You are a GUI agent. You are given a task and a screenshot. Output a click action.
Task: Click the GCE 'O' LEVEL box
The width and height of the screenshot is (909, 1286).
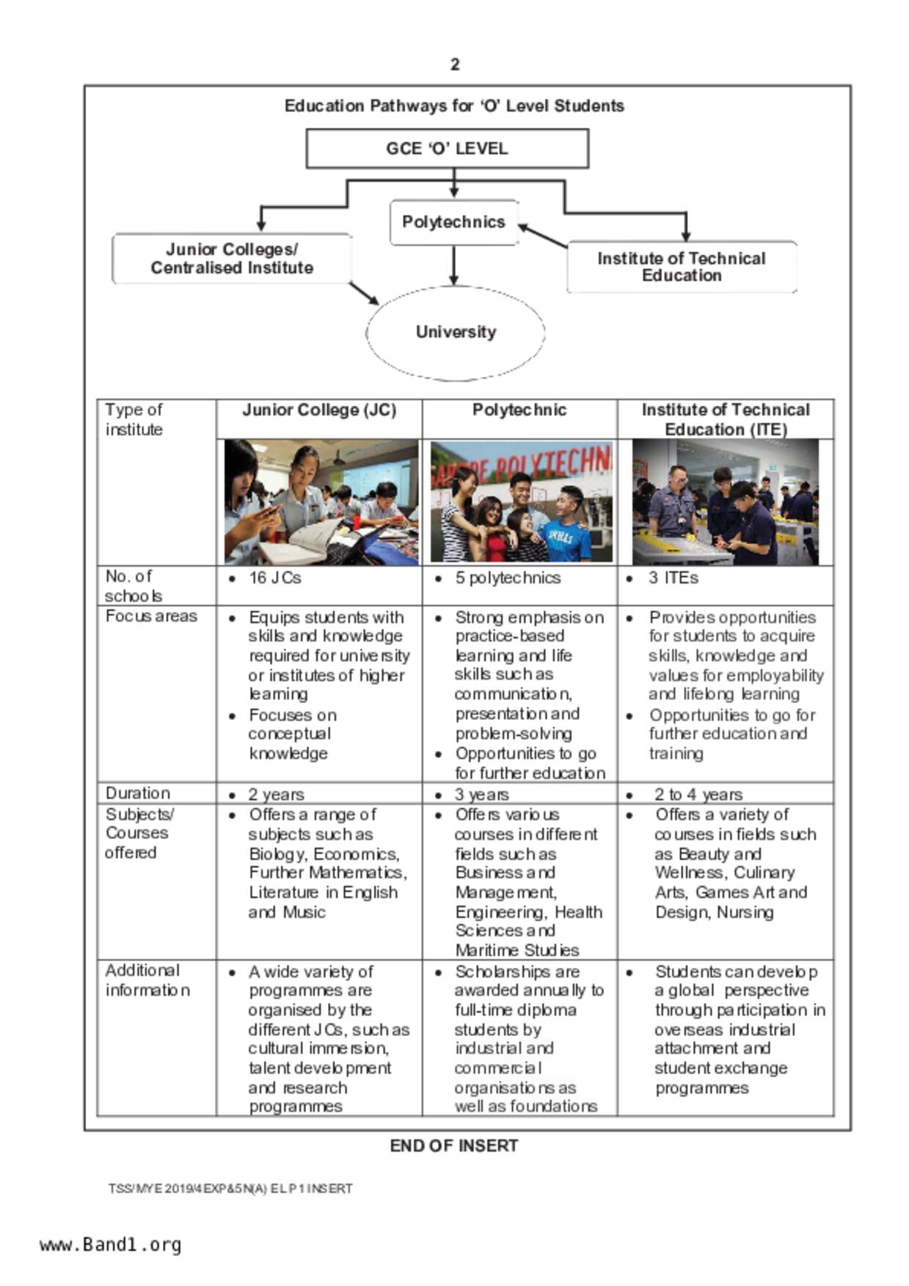(x=447, y=149)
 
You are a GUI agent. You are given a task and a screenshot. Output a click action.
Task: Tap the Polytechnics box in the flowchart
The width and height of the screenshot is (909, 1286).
(x=454, y=222)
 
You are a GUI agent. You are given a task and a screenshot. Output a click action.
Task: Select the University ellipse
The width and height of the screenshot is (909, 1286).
(x=456, y=332)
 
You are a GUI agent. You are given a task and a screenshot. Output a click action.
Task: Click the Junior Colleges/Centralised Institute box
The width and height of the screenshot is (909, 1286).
(x=232, y=259)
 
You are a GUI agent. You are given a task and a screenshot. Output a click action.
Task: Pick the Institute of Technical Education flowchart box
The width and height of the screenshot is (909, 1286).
(x=682, y=267)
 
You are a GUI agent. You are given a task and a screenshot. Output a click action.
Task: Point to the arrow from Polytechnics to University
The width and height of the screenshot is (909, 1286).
(x=454, y=265)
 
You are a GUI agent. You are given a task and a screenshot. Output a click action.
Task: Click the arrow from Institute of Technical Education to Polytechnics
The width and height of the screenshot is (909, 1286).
(x=543, y=236)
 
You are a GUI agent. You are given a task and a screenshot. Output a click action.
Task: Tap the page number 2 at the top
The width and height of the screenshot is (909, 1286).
(x=455, y=65)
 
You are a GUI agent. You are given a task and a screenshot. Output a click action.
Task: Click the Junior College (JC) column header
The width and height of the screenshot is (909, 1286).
(x=319, y=410)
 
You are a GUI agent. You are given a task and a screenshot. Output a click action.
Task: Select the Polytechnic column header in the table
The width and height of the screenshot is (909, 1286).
(x=519, y=410)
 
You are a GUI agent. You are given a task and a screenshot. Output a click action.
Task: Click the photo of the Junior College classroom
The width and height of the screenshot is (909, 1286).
(x=321, y=501)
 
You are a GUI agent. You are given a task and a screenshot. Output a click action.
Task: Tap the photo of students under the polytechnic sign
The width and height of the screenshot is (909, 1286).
(x=521, y=501)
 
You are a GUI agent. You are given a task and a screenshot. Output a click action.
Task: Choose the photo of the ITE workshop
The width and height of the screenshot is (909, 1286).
(x=725, y=501)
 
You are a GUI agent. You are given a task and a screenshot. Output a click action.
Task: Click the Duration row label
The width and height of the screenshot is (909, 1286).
(x=138, y=793)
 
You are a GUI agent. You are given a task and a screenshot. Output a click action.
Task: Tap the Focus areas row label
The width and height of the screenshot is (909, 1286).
(x=151, y=616)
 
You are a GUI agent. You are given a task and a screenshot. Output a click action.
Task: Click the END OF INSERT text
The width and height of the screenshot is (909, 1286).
(x=454, y=1146)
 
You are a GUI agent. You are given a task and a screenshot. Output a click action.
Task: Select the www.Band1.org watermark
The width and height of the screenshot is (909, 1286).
(x=111, y=1245)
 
